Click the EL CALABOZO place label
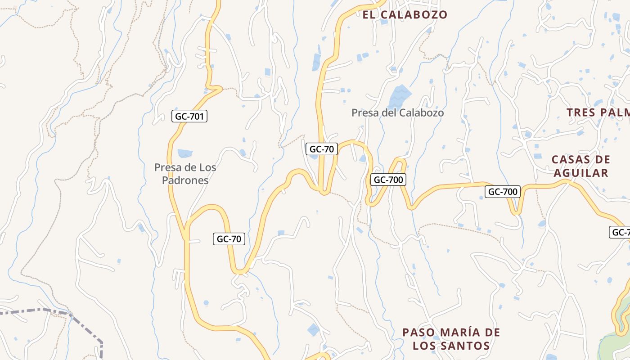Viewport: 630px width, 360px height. click(x=405, y=14)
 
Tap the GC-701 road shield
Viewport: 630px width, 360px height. click(x=189, y=117)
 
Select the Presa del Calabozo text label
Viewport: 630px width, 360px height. click(x=397, y=112)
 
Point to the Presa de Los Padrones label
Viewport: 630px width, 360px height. click(x=185, y=174)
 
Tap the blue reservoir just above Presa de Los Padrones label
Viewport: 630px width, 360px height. click(x=184, y=153)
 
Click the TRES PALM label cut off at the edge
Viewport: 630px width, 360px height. click(x=598, y=112)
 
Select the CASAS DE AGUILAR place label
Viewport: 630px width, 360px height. click(x=581, y=166)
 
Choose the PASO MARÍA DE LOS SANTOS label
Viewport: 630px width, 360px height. click(x=451, y=339)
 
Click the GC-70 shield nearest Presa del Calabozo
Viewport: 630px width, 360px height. click(x=322, y=149)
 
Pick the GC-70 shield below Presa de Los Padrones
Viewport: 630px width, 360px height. click(x=229, y=239)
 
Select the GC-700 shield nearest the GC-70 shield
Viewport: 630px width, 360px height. click(x=388, y=180)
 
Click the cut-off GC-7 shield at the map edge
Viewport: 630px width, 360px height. click(x=620, y=232)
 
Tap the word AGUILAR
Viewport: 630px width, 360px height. click(x=581, y=173)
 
